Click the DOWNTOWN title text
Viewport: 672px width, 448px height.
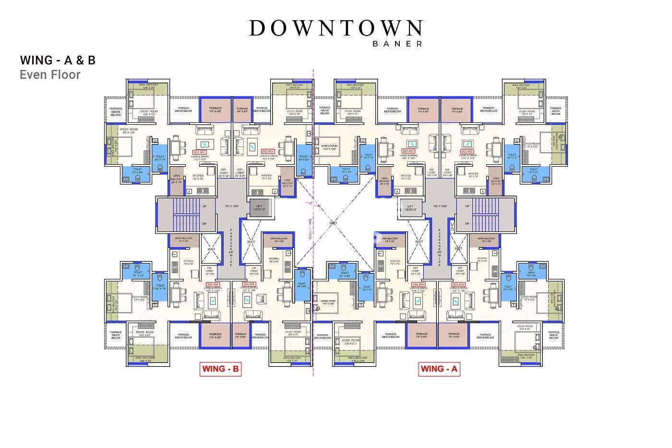click(x=336, y=28)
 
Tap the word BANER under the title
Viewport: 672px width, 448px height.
click(x=398, y=44)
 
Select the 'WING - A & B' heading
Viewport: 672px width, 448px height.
click(x=58, y=60)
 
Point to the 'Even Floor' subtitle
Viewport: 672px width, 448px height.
click(x=50, y=75)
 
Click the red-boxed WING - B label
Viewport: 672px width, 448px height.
click(x=220, y=369)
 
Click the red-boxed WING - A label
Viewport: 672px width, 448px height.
click(x=439, y=369)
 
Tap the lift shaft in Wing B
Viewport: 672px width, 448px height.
click(x=259, y=208)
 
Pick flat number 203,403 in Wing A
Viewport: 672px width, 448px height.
click(x=459, y=284)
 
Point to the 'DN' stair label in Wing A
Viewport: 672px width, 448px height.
click(x=467, y=223)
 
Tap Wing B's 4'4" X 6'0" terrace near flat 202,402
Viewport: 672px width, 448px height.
click(x=242, y=110)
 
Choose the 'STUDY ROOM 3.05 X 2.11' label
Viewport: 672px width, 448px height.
click(x=350, y=341)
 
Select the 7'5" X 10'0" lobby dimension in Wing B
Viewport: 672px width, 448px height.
click(x=232, y=206)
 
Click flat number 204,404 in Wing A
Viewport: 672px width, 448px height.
click(x=419, y=284)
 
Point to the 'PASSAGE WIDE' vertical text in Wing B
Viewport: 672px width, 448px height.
click(x=231, y=247)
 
